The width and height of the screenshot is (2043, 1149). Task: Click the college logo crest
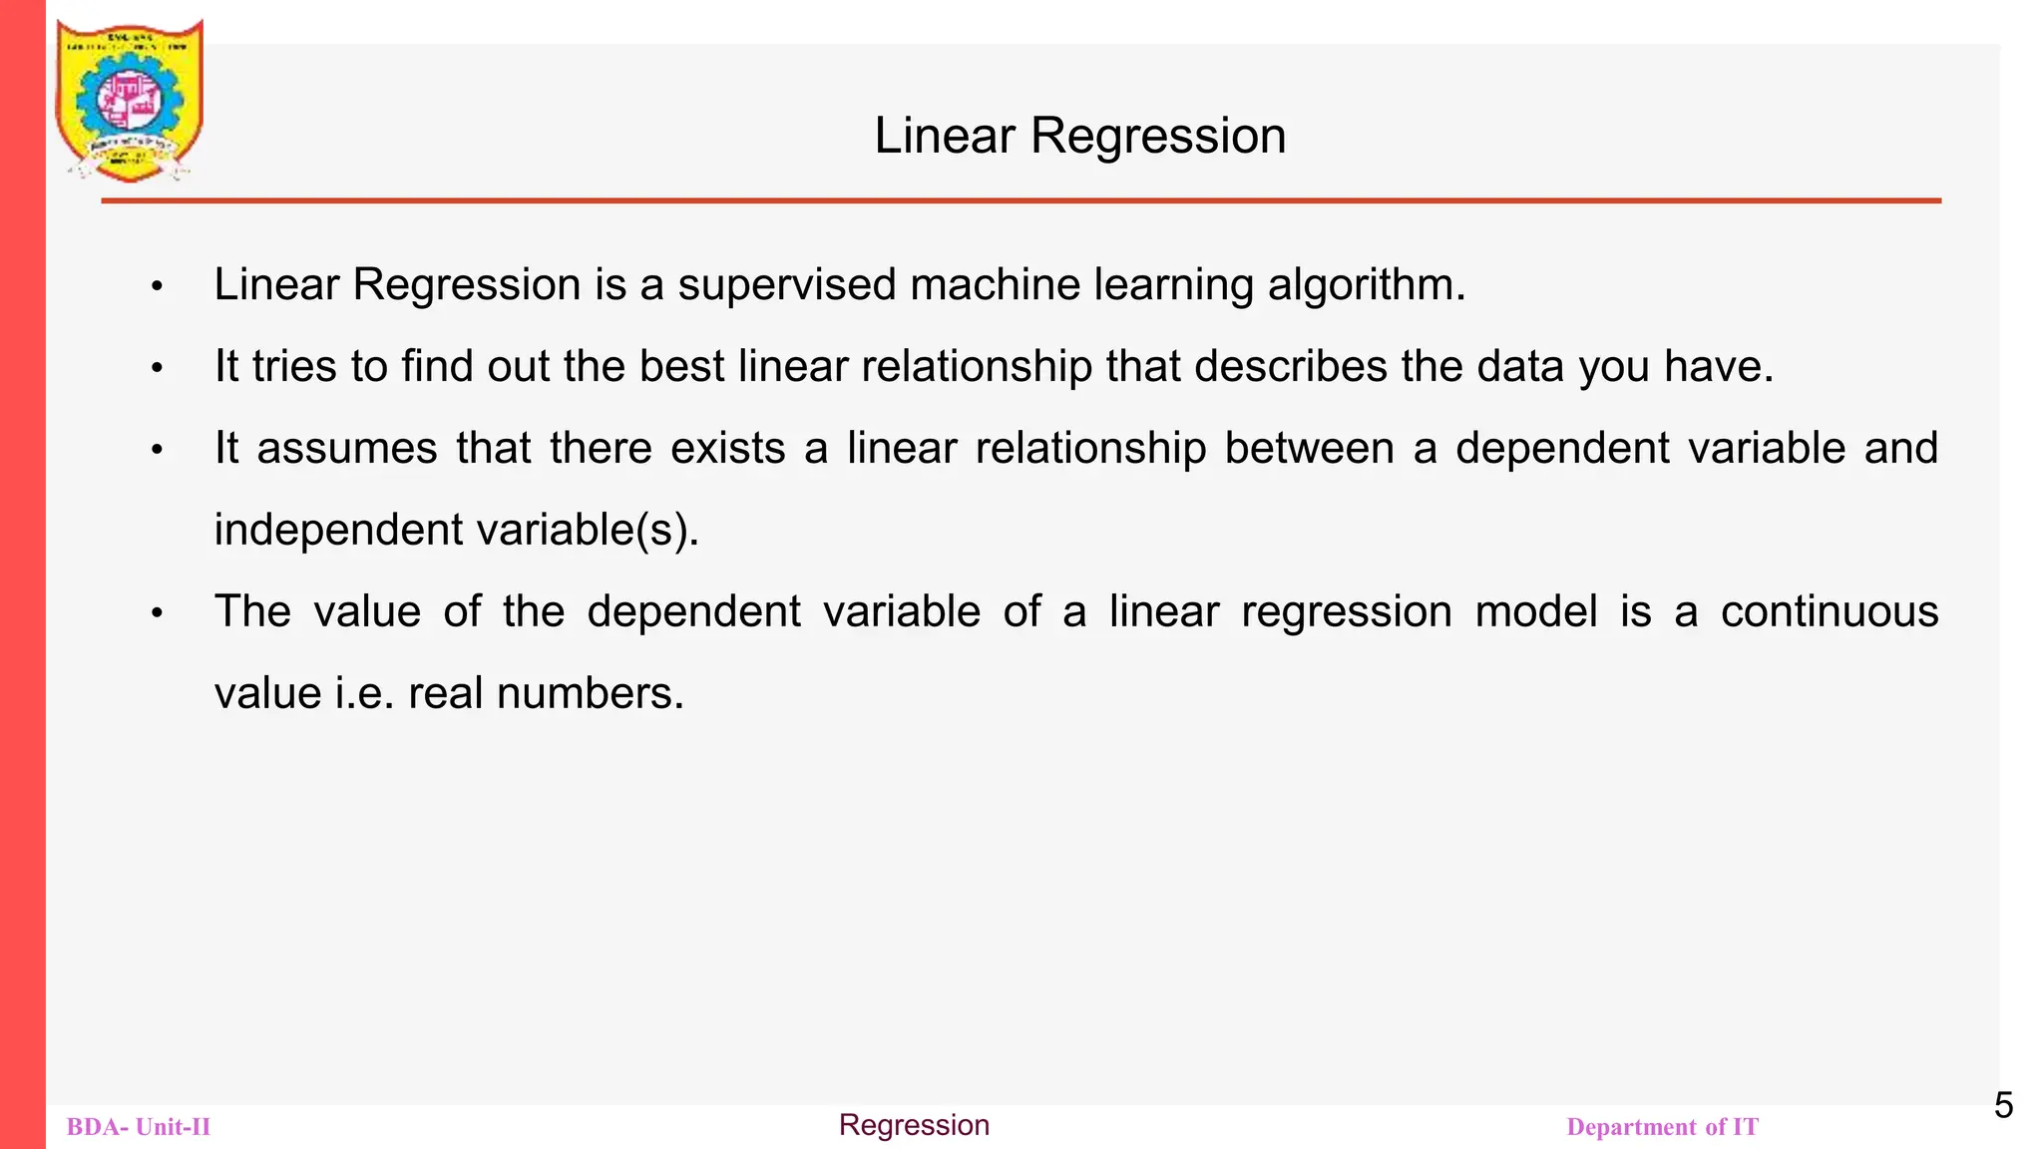[x=130, y=100]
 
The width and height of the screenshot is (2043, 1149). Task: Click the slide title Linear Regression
[x=1079, y=136]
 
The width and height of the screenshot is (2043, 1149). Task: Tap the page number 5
[x=2003, y=1105]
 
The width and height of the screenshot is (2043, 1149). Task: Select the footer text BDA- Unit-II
[x=139, y=1127]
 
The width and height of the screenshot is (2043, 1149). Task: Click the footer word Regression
[x=914, y=1125]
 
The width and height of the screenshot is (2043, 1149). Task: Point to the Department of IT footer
[x=1662, y=1127]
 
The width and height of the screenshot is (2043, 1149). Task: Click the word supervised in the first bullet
[x=787, y=285]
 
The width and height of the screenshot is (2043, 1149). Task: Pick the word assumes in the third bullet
[x=347, y=448]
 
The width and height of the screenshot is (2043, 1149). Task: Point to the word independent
[x=339, y=530]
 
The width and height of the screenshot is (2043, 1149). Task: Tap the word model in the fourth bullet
[x=1536, y=611]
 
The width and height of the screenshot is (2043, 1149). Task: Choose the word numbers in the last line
[x=590, y=693]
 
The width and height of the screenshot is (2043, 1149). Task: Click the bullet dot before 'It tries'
[x=157, y=368]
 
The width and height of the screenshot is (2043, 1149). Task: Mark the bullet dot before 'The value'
[x=157, y=613]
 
